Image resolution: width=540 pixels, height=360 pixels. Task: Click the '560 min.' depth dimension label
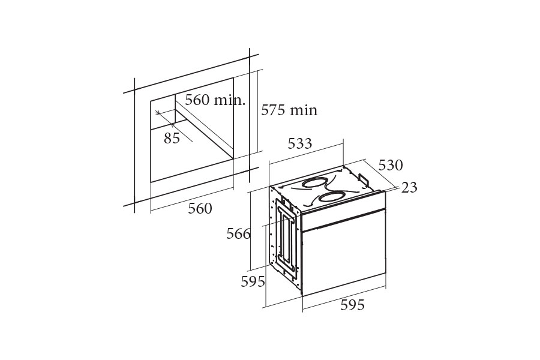pyautogui.click(x=215, y=100)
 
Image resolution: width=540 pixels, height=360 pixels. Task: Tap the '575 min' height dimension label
pyautogui.click(x=289, y=110)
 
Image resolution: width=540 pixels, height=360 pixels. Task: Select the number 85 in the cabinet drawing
pyautogui.click(x=172, y=138)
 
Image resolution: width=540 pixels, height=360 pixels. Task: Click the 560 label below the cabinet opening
pyautogui.click(x=200, y=208)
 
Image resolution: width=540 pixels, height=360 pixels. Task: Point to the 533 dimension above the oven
pyautogui.click(x=300, y=143)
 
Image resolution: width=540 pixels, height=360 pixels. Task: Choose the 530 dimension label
pyautogui.click(x=391, y=166)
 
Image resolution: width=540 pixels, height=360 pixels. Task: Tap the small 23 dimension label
pyautogui.click(x=409, y=187)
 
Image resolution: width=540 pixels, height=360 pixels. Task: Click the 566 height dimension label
pyautogui.click(x=238, y=234)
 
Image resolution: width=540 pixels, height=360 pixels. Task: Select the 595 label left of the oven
pyautogui.click(x=253, y=282)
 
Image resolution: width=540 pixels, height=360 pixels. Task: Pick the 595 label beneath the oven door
pyautogui.click(x=352, y=305)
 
